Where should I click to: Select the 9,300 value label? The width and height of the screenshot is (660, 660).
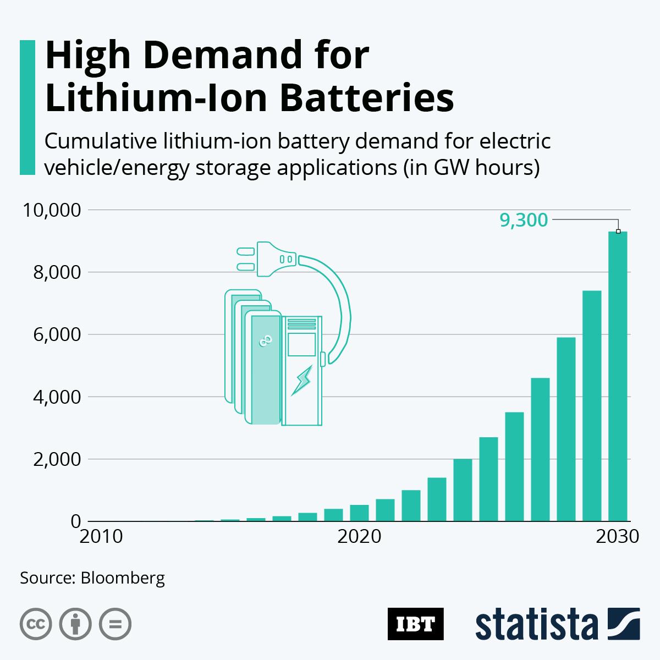[x=523, y=220]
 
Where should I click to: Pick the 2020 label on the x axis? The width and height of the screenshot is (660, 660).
[x=359, y=536]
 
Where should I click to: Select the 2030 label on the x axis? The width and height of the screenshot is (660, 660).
[x=617, y=536]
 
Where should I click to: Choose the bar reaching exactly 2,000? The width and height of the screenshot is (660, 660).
[x=463, y=490]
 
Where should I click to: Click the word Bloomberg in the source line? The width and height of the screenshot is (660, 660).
[x=122, y=578]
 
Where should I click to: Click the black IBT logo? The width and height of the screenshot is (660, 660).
[x=415, y=624]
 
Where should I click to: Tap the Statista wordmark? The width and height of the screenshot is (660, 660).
[x=537, y=625]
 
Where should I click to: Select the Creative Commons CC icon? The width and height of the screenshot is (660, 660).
[x=36, y=624]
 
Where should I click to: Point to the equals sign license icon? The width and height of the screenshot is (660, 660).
[x=115, y=624]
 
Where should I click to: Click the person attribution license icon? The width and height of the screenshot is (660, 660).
[x=75, y=624]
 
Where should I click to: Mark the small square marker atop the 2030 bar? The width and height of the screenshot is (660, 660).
[x=618, y=232]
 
